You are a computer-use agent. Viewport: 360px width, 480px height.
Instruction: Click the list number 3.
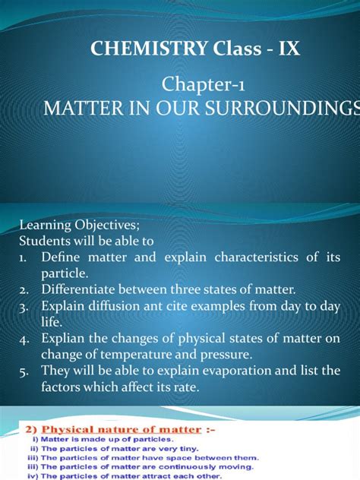tap(22, 306)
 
